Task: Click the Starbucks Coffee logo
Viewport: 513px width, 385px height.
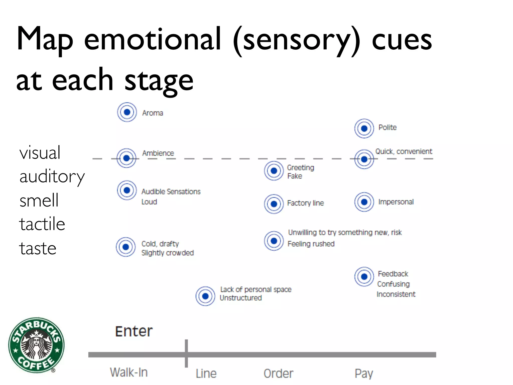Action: [36, 345]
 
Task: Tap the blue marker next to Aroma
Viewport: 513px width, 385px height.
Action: [127, 112]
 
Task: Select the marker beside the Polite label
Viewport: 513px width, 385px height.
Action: [364, 129]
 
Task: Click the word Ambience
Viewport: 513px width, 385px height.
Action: [158, 153]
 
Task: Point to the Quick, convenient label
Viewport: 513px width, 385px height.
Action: [404, 151]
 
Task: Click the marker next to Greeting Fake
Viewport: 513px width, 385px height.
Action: [274, 171]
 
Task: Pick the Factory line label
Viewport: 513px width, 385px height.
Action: [305, 203]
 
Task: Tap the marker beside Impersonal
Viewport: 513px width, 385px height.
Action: [364, 202]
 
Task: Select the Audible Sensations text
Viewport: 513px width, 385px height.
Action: [171, 191]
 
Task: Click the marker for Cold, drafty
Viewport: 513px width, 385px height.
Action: [126, 247]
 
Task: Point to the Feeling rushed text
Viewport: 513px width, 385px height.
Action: [311, 244]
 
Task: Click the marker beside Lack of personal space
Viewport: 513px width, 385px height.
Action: [205, 296]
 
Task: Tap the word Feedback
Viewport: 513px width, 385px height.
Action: [393, 274]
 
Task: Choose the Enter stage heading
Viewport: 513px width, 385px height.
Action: [134, 331]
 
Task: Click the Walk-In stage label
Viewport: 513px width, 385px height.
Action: [129, 372]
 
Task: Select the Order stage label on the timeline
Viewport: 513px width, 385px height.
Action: [278, 373]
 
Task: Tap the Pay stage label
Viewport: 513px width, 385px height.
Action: [364, 373]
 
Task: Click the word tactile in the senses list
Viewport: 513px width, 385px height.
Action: [42, 224]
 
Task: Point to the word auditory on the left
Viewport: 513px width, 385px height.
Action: [52, 177]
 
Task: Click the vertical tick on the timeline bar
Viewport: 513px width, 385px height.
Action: [186, 353]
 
